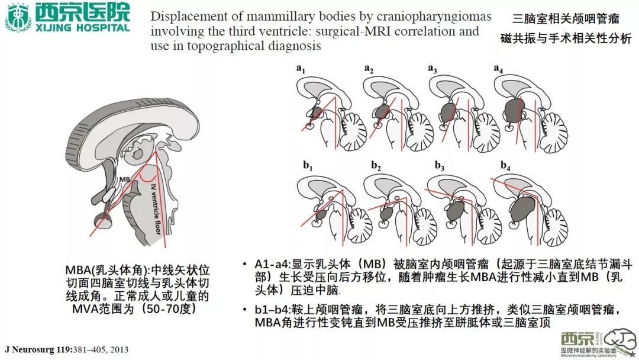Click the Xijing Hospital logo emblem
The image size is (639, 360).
point(18,17)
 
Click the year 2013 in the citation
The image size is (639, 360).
point(118,350)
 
